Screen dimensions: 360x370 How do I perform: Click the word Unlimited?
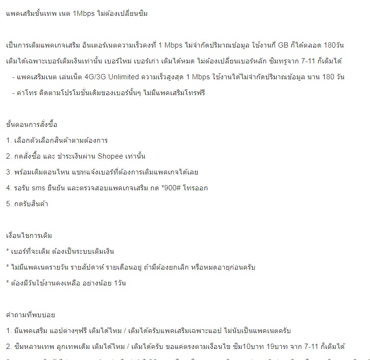coord(139,77)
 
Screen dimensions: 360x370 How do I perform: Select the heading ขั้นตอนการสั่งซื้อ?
coord(32,124)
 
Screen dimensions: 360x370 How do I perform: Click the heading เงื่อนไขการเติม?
coord(29,236)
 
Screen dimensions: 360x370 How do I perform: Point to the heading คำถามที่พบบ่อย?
coord(31,315)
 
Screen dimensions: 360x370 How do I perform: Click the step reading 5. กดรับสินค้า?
coord(27,204)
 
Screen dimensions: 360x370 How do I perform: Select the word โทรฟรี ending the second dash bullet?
coord(194,93)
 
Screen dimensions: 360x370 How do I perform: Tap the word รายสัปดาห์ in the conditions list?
coord(99,267)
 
